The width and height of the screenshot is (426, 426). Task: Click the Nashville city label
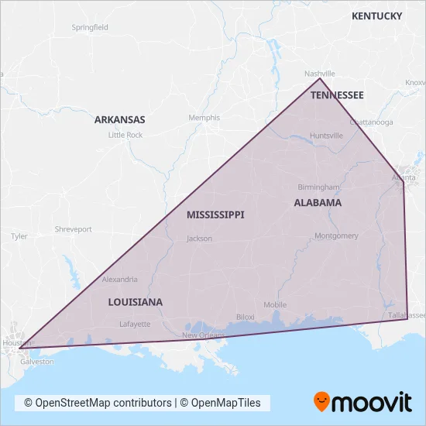(x=318, y=73)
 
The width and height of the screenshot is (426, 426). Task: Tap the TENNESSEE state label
(x=337, y=94)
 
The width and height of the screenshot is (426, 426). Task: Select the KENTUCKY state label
(x=376, y=15)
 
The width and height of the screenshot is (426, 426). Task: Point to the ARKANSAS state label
(x=119, y=120)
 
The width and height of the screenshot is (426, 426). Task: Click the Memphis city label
(x=204, y=118)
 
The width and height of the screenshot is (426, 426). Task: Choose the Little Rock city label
(x=125, y=135)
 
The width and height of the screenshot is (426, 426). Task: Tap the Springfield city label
(x=90, y=27)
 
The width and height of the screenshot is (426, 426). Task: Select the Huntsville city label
(x=326, y=136)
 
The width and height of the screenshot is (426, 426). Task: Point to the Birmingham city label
(x=319, y=187)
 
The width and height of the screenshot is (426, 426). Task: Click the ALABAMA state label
(x=318, y=203)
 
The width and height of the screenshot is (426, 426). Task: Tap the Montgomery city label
(x=337, y=235)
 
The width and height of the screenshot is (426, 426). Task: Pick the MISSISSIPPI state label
(x=215, y=215)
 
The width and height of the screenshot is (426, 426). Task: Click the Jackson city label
(x=199, y=239)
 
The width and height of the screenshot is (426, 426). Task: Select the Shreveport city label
(x=73, y=229)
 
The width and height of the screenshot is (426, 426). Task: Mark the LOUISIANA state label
(x=135, y=301)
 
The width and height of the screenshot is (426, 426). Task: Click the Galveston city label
(x=37, y=362)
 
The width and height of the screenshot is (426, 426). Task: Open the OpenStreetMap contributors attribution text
(x=98, y=403)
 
